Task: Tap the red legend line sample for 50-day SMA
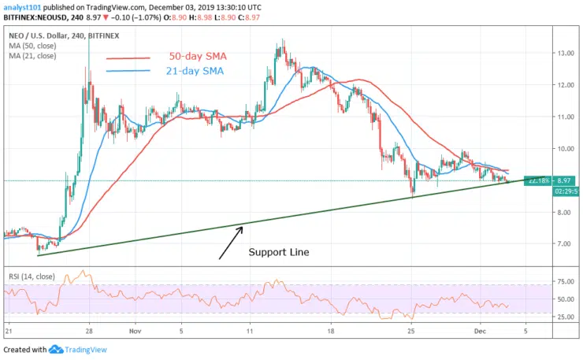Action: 128,58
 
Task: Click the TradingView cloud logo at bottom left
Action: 56,349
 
